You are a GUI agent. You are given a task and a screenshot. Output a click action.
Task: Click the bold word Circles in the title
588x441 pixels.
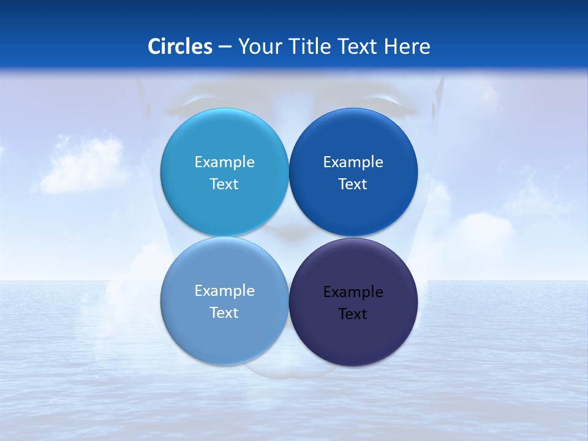click(180, 47)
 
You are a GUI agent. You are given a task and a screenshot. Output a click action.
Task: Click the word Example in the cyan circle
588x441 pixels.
click(224, 162)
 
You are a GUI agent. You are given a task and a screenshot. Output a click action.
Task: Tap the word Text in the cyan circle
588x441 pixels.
click(224, 184)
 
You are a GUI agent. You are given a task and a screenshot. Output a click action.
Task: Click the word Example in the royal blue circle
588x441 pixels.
click(353, 162)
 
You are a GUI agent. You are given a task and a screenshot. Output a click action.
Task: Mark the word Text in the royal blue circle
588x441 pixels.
click(353, 184)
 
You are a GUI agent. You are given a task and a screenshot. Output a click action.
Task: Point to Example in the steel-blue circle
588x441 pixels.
click(224, 291)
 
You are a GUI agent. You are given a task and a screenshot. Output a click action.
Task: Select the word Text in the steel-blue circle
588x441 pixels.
click(224, 313)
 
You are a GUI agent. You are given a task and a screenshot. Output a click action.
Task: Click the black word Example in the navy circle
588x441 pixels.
click(353, 292)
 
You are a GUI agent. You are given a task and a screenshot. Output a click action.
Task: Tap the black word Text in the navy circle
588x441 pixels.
click(353, 314)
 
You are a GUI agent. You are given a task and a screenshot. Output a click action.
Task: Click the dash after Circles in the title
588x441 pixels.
click(225, 47)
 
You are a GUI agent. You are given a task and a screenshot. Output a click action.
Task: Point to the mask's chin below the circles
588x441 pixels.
click(288, 370)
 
